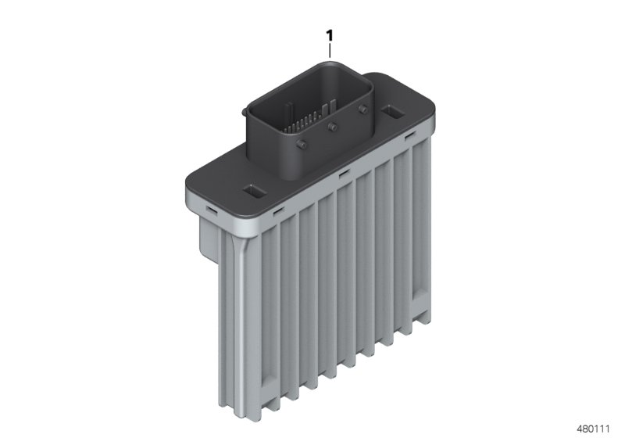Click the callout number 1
(x=330, y=35)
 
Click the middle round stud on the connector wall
(x=333, y=127)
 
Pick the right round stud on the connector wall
(x=362, y=109)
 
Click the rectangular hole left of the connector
(x=253, y=191)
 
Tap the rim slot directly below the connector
(x=341, y=174)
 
